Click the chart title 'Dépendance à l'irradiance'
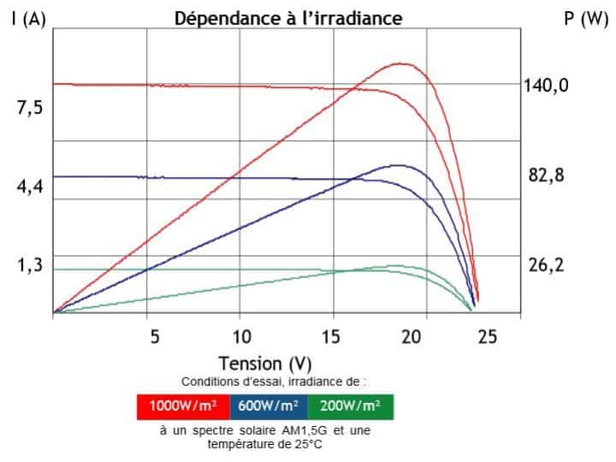tap(288, 18)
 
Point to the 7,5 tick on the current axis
tap(30, 108)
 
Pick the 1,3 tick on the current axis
tap(30, 265)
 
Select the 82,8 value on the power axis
tap(546, 175)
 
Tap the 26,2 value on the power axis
tap(546, 265)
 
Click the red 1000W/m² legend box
tap(181, 406)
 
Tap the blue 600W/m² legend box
tap(266, 406)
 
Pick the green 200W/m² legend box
tap(351, 406)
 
